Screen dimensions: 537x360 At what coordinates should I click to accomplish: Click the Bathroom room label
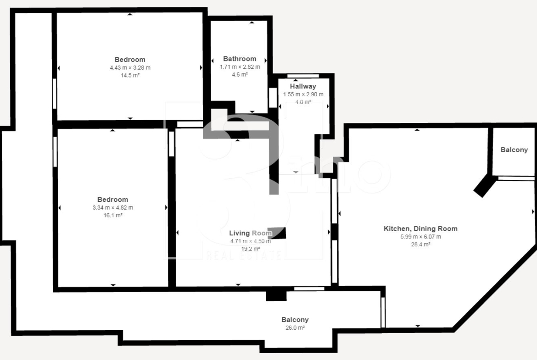click(x=240, y=59)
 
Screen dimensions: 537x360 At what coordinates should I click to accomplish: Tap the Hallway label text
click(x=303, y=86)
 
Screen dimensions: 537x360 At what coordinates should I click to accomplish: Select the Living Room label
click(x=250, y=233)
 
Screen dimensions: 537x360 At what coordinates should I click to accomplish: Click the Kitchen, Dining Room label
click(x=420, y=228)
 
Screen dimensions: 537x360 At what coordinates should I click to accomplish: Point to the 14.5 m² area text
click(x=130, y=75)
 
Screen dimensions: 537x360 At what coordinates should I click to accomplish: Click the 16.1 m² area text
click(x=113, y=215)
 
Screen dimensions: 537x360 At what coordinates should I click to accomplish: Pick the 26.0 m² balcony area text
click(x=295, y=327)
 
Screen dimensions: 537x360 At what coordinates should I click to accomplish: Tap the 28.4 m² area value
click(x=421, y=244)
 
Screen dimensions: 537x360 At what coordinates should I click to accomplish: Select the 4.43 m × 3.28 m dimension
click(x=130, y=68)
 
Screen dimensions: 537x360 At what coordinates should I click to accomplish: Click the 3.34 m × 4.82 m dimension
click(x=113, y=207)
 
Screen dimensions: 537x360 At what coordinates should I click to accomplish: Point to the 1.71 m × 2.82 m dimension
click(x=240, y=67)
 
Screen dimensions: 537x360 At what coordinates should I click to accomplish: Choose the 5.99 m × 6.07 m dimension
click(x=421, y=237)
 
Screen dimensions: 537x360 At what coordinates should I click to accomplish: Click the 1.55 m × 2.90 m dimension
click(x=303, y=94)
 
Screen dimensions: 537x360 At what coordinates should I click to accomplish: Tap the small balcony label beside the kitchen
click(x=514, y=150)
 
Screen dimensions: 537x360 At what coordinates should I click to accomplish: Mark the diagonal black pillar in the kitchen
click(x=484, y=186)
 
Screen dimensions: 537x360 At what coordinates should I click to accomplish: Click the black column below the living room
click(x=276, y=295)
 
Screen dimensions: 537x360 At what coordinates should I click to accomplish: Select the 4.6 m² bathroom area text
click(x=240, y=74)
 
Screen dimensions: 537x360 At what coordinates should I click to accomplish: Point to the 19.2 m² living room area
click(x=251, y=249)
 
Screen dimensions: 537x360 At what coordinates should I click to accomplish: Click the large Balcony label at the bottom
click(x=295, y=320)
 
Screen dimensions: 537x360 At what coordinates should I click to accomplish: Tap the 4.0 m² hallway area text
click(x=303, y=102)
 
